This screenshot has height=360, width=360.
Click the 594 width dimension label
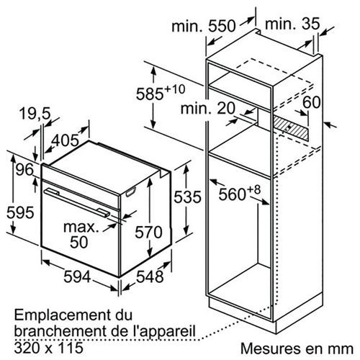(x=77, y=276)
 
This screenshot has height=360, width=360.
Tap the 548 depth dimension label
(x=150, y=276)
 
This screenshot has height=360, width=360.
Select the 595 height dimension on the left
(x=20, y=212)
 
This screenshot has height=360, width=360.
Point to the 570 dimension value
(x=148, y=233)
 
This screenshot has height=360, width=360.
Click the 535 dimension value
(x=187, y=197)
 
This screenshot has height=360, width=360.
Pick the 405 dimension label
(x=66, y=140)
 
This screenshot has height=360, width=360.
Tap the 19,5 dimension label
(x=35, y=113)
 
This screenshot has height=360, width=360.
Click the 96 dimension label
(x=24, y=170)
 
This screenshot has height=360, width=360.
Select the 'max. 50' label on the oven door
(x=81, y=235)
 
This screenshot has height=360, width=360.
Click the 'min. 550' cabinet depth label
(x=204, y=26)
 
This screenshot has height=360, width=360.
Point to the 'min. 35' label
(x=292, y=24)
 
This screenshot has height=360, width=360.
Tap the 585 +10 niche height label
(x=161, y=93)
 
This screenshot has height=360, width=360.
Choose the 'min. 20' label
(x=208, y=108)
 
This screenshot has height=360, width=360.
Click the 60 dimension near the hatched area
(x=312, y=102)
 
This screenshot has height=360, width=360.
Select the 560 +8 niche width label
(x=239, y=193)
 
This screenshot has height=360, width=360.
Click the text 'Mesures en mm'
(x=297, y=348)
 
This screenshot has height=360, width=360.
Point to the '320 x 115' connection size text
(x=48, y=348)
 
